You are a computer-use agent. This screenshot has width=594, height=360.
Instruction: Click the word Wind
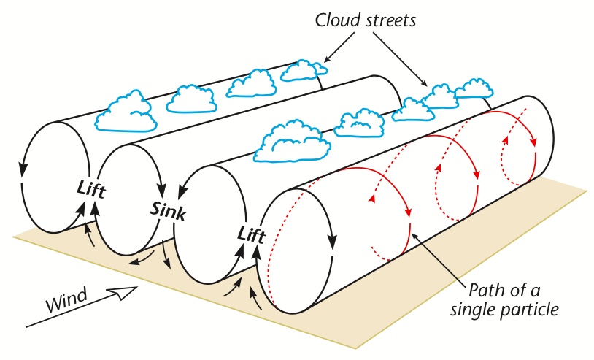(66, 298)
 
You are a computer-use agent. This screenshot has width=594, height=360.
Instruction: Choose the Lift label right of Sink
(252, 234)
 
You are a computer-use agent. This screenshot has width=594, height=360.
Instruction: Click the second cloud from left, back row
(190, 97)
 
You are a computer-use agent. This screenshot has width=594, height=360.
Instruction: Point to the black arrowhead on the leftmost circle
(25, 169)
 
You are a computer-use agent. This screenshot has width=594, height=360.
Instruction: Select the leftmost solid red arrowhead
(404, 212)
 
